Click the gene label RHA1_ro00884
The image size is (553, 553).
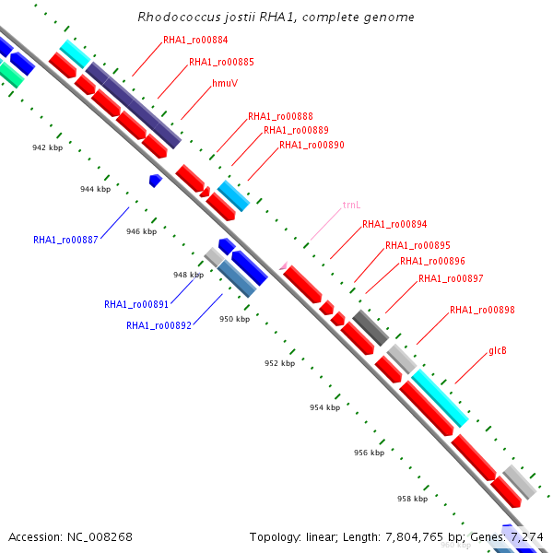coord(195,41)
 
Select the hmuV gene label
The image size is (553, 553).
coord(225,83)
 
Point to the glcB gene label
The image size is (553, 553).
coord(498,350)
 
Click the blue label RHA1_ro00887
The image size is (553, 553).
coord(65,240)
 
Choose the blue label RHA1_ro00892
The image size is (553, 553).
coord(159,325)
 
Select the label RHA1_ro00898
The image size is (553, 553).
coord(482,310)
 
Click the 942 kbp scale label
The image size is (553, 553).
coord(47,147)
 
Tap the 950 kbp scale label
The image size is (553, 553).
coord(234,319)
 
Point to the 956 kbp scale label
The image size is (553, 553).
coord(369,453)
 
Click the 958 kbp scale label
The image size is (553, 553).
coord(412,499)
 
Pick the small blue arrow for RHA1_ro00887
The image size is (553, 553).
coord(156,181)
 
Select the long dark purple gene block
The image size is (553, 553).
coord(134,105)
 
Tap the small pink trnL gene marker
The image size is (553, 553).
coord(283,265)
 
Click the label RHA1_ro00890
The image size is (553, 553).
coord(312,146)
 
